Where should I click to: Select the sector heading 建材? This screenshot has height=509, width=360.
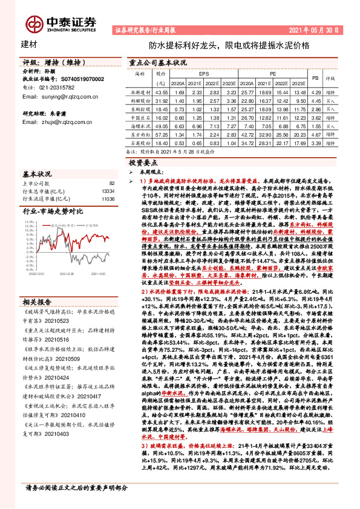pyautogui.click(x=29, y=45)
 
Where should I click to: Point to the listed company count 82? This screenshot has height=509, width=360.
pyautogui.click(x=111, y=183)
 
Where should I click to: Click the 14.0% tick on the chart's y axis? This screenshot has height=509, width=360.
pyautogui.click(x=29, y=222)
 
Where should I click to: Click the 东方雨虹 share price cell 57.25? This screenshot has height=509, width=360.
pyautogui.click(x=161, y=136)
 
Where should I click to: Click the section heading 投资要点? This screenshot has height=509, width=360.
pyautogui.click(x=143, y=163)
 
